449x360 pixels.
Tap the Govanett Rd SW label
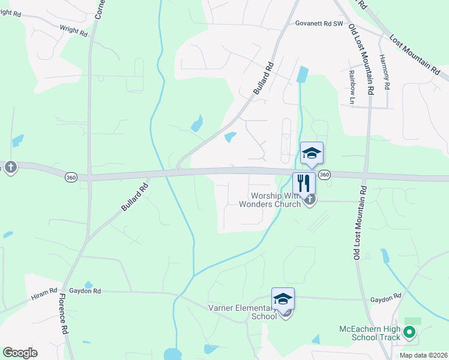pos(319,24)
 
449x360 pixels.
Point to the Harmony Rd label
pos(385,72)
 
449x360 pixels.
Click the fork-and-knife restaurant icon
pos(304,182)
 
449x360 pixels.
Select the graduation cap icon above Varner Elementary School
pos(283,298)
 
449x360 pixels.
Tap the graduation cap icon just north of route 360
pos(312,153)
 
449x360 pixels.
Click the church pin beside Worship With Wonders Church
pos(309,200)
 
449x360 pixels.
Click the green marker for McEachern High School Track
pos(409,331)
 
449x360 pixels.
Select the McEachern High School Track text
pos(369,333)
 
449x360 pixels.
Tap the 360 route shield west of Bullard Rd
pos(71,177)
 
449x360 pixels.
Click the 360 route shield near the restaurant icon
pos(324,174)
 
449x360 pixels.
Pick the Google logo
pos(20,353)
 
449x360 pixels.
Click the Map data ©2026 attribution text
pos(423,355)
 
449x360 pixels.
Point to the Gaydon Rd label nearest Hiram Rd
pos(88,291)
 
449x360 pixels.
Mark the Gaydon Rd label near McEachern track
pos(385,298)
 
